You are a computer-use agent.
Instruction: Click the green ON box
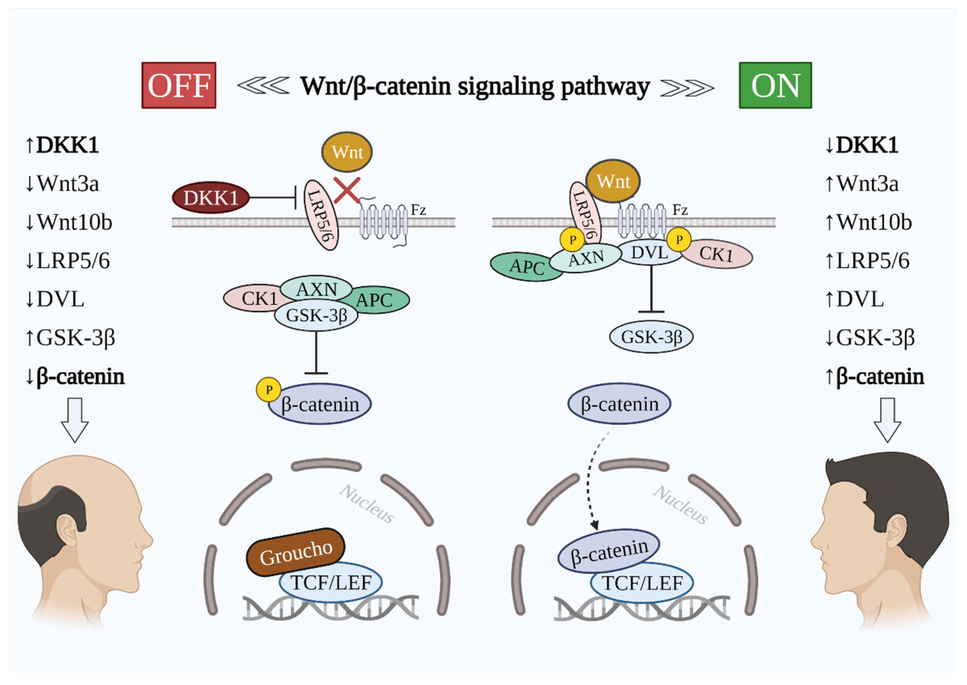pyautogui.click(x=775, y=85)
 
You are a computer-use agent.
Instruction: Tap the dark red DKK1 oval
pyautogui.click(x=210, y=197)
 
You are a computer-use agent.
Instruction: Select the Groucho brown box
pyautogui.click(x=296, y=552)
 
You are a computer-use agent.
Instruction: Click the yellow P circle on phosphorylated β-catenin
pyautogui.click(x=269, y=389)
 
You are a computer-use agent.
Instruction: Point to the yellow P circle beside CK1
pyautogui.click(x=679, y=240)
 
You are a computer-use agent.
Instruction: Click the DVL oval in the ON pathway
pyautogui.click(x=649, y=252)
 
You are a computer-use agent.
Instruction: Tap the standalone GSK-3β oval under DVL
pyautogui.click(x=651, y=337)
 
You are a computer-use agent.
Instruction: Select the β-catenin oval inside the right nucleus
pyautogui.click(x=609, y=551)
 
